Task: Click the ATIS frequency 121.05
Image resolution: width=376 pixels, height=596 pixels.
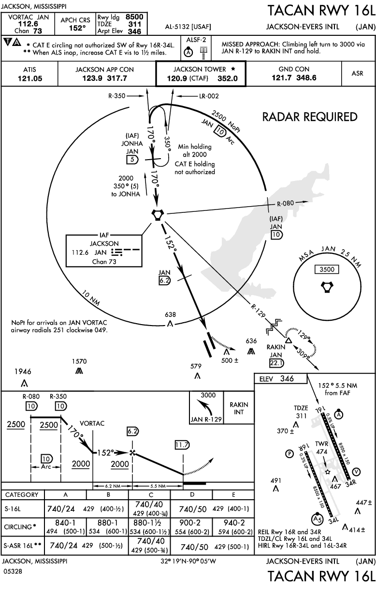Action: pos(29,78)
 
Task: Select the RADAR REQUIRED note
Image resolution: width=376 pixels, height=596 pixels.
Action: pos(310,117)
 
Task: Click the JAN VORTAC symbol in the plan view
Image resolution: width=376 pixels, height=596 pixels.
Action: pos(158,214)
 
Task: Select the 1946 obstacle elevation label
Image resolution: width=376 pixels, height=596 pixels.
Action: pos(23,372)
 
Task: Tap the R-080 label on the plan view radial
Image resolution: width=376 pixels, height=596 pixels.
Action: pos(286,204)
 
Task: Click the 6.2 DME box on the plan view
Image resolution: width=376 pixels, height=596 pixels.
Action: pos(165,280)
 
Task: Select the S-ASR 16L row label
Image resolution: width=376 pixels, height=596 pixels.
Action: pos(21,545)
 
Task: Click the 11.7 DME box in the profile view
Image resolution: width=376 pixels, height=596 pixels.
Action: pos(182,445)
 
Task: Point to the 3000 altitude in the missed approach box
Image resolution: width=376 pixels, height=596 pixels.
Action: pos(208,395)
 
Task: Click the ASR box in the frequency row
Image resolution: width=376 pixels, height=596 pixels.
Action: pos(358,74)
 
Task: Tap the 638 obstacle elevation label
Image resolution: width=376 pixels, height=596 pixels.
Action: pos(170,314)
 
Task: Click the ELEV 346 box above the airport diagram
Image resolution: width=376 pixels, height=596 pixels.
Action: pos(280,379)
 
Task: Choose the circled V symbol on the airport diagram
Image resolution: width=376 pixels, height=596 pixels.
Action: pos(357,472)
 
